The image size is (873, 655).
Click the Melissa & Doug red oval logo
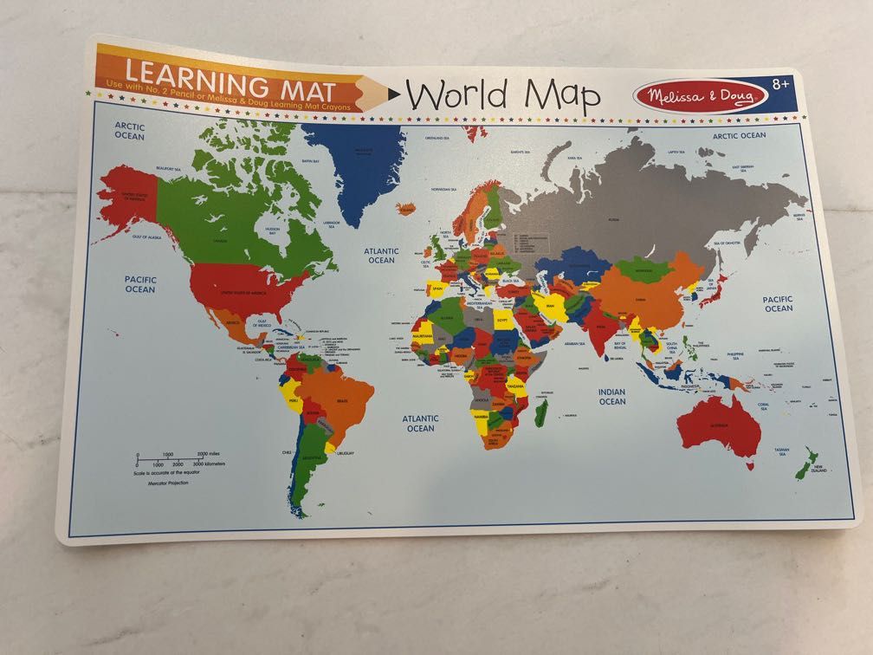click(700, 95)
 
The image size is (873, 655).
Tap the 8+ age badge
click(781, 84)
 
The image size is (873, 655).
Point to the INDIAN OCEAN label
click(611, 397)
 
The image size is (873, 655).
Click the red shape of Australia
click(719, 425)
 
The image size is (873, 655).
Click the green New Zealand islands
click(805, 464)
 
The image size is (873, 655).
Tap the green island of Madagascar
click(541, 412)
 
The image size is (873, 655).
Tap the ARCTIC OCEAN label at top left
click(130, 131)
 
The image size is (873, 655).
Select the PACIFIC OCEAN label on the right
click(778, 303)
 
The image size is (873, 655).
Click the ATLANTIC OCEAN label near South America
click(420, 423)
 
